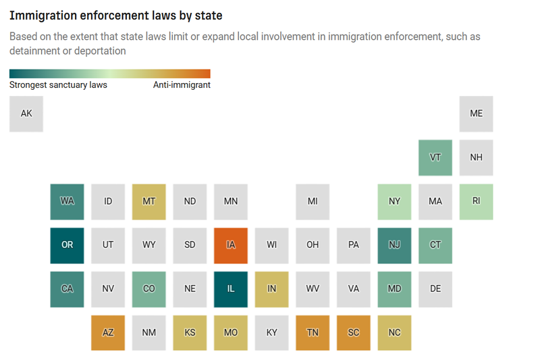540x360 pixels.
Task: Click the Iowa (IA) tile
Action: [x=231, y=245]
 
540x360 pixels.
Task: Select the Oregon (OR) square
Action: [x=67, y=245]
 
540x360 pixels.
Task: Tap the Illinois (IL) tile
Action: [x=231, y=289]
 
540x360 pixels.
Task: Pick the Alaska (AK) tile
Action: [x=26, y=113]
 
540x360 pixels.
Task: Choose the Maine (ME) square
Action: [x=476, y=113]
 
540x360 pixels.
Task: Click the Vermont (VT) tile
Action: [x=435, y=157]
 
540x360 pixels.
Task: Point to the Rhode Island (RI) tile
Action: [x=476, y=201]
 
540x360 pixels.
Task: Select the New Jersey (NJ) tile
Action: [x=394, y=245]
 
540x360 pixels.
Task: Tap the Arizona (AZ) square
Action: [x=108, y=333]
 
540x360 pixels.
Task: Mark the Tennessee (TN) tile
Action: [x=313, y=333]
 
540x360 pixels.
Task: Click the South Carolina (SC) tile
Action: [x=354, y=333]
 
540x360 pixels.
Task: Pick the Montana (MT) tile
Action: [x=149, y=201]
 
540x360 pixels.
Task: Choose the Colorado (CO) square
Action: [x=149, y=289]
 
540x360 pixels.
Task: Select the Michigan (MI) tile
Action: [x=313, y=201]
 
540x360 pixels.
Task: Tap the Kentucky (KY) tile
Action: [x=271, y=333]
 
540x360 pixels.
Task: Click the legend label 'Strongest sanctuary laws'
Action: [x=58, y=85]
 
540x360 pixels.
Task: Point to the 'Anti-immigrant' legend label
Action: [x=182, y=85]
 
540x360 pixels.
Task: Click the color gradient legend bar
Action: [x=110, y=74]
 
